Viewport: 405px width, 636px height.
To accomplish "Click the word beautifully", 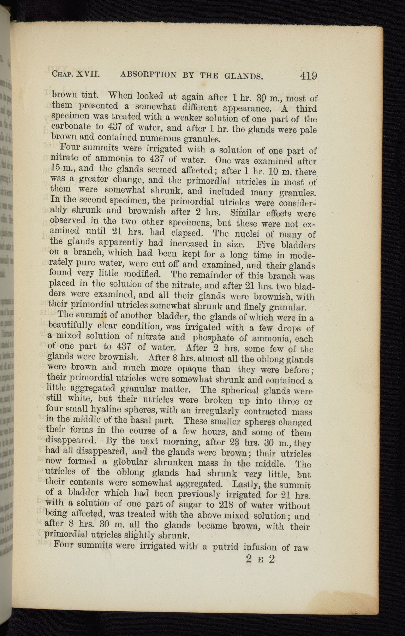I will pyautogui.click(x=71, y=325).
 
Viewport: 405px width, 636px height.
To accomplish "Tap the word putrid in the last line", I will pyautogui.click(x=224, y=547).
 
